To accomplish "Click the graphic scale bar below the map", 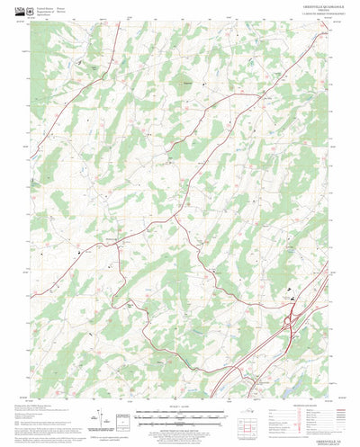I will [x=180, y=415].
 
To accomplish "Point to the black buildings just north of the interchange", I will [x=290, y=292].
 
